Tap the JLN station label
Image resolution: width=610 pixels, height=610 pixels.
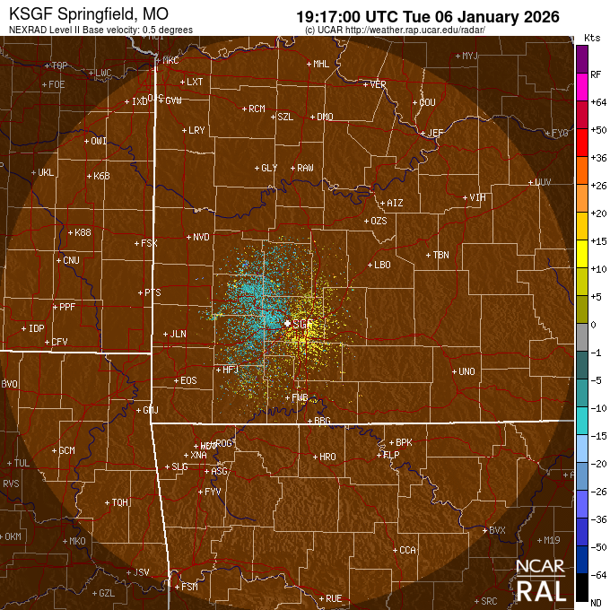178,334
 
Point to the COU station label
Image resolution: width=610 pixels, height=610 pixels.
427,102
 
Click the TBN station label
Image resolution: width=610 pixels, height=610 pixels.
440,255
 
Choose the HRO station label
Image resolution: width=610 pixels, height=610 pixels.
328,457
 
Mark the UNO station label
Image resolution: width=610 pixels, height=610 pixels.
466,371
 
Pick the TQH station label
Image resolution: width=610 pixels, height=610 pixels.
120,502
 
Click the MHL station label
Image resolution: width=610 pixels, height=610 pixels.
321,64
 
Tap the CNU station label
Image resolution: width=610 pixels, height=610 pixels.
71,260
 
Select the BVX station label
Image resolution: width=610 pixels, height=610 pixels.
498,530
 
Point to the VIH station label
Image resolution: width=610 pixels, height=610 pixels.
478,197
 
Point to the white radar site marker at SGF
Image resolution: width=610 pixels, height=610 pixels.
287,323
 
